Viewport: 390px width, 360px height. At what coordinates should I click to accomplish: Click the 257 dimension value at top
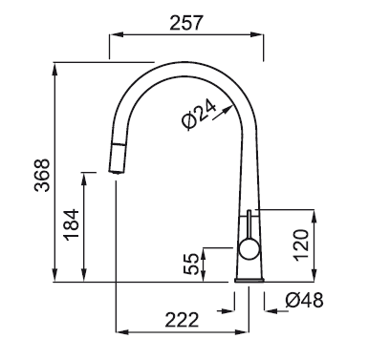186,23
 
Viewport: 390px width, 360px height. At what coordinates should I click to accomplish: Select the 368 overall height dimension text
42,175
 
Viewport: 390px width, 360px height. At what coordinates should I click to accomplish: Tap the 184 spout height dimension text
71,224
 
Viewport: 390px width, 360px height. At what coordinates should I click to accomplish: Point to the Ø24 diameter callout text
199,114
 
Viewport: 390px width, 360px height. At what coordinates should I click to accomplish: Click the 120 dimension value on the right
301,245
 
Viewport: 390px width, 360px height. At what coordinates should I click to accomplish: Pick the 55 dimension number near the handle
191,264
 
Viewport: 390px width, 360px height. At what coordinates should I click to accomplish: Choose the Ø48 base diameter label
304,300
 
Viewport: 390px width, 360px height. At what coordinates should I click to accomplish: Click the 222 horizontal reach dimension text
182,320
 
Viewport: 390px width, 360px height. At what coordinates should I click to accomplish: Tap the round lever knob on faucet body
249,249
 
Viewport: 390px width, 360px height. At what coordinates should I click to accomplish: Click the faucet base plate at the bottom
249,281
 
